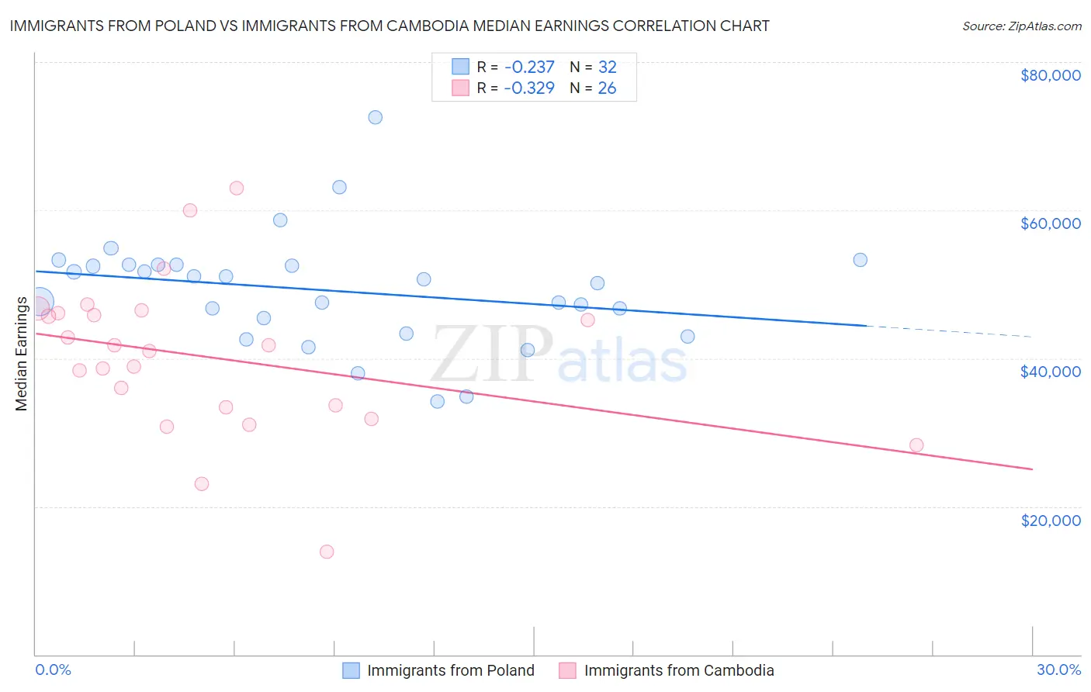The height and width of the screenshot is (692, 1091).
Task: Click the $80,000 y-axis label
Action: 1050,75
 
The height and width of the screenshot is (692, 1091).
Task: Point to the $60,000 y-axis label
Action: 1050,223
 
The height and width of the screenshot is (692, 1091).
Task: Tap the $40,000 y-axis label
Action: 1050,372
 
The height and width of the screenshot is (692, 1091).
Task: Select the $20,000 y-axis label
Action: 1050,520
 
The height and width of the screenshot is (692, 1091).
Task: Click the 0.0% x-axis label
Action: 53,670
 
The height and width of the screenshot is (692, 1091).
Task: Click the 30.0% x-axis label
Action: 1058,670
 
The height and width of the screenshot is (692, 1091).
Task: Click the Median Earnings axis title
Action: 21,353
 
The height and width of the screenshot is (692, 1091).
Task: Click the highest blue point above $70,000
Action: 375,117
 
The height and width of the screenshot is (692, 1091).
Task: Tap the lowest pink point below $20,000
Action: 327,552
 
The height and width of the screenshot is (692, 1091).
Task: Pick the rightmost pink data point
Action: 916,445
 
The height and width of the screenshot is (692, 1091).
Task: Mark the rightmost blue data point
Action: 860,260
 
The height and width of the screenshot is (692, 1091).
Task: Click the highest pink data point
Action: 237,188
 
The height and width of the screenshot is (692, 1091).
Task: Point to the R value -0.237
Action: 529,67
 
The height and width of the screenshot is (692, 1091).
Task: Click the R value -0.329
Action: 529,88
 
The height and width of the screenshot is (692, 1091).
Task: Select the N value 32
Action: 607,67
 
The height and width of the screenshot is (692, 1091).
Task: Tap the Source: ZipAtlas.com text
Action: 1021,26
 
